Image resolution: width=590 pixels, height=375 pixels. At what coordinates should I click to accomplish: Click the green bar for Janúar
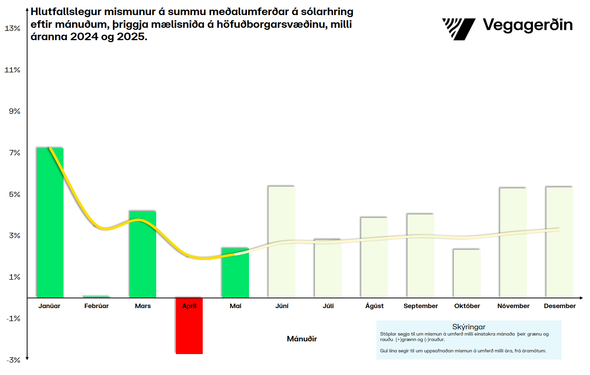(50, 223)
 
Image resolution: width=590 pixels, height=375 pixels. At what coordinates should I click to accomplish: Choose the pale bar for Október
(467, 273)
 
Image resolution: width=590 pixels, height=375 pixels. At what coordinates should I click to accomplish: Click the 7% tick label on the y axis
(14, 153)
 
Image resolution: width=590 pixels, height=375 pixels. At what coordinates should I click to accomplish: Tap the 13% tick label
(12, 28)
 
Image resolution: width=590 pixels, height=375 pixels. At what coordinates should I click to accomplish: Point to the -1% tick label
(13, 319)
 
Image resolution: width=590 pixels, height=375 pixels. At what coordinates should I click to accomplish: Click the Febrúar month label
(96, 306)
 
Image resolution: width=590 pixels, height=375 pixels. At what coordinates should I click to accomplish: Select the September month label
(421, 306)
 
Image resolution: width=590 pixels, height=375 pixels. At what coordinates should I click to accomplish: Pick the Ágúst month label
(374, 306)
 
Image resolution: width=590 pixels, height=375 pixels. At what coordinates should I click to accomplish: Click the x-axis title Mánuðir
(302, 339)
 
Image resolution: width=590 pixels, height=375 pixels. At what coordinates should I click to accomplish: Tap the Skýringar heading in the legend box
(469, 327)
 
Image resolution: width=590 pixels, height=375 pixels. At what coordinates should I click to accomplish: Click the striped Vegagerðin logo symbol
(458, 29)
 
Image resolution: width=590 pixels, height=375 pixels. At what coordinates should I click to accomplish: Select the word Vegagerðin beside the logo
(528, 25)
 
